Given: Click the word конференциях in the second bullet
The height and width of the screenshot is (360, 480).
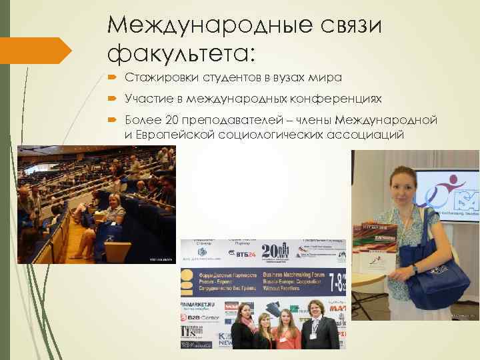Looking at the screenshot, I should point(336,99).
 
